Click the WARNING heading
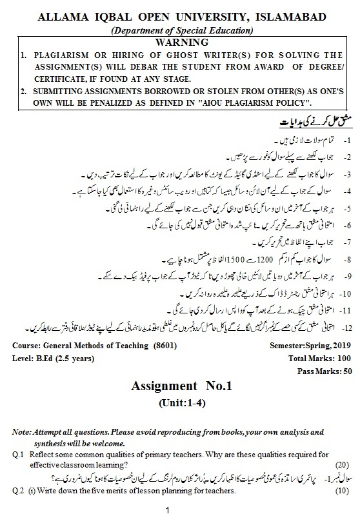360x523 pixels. pyautogui.click(x=179, y=42)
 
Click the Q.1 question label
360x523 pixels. pyautogui.click(x=18, y=455)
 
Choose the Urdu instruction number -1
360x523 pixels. pyautogui.click(x=347, y=139)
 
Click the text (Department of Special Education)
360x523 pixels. pyautogui.click(x=179, y=30)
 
